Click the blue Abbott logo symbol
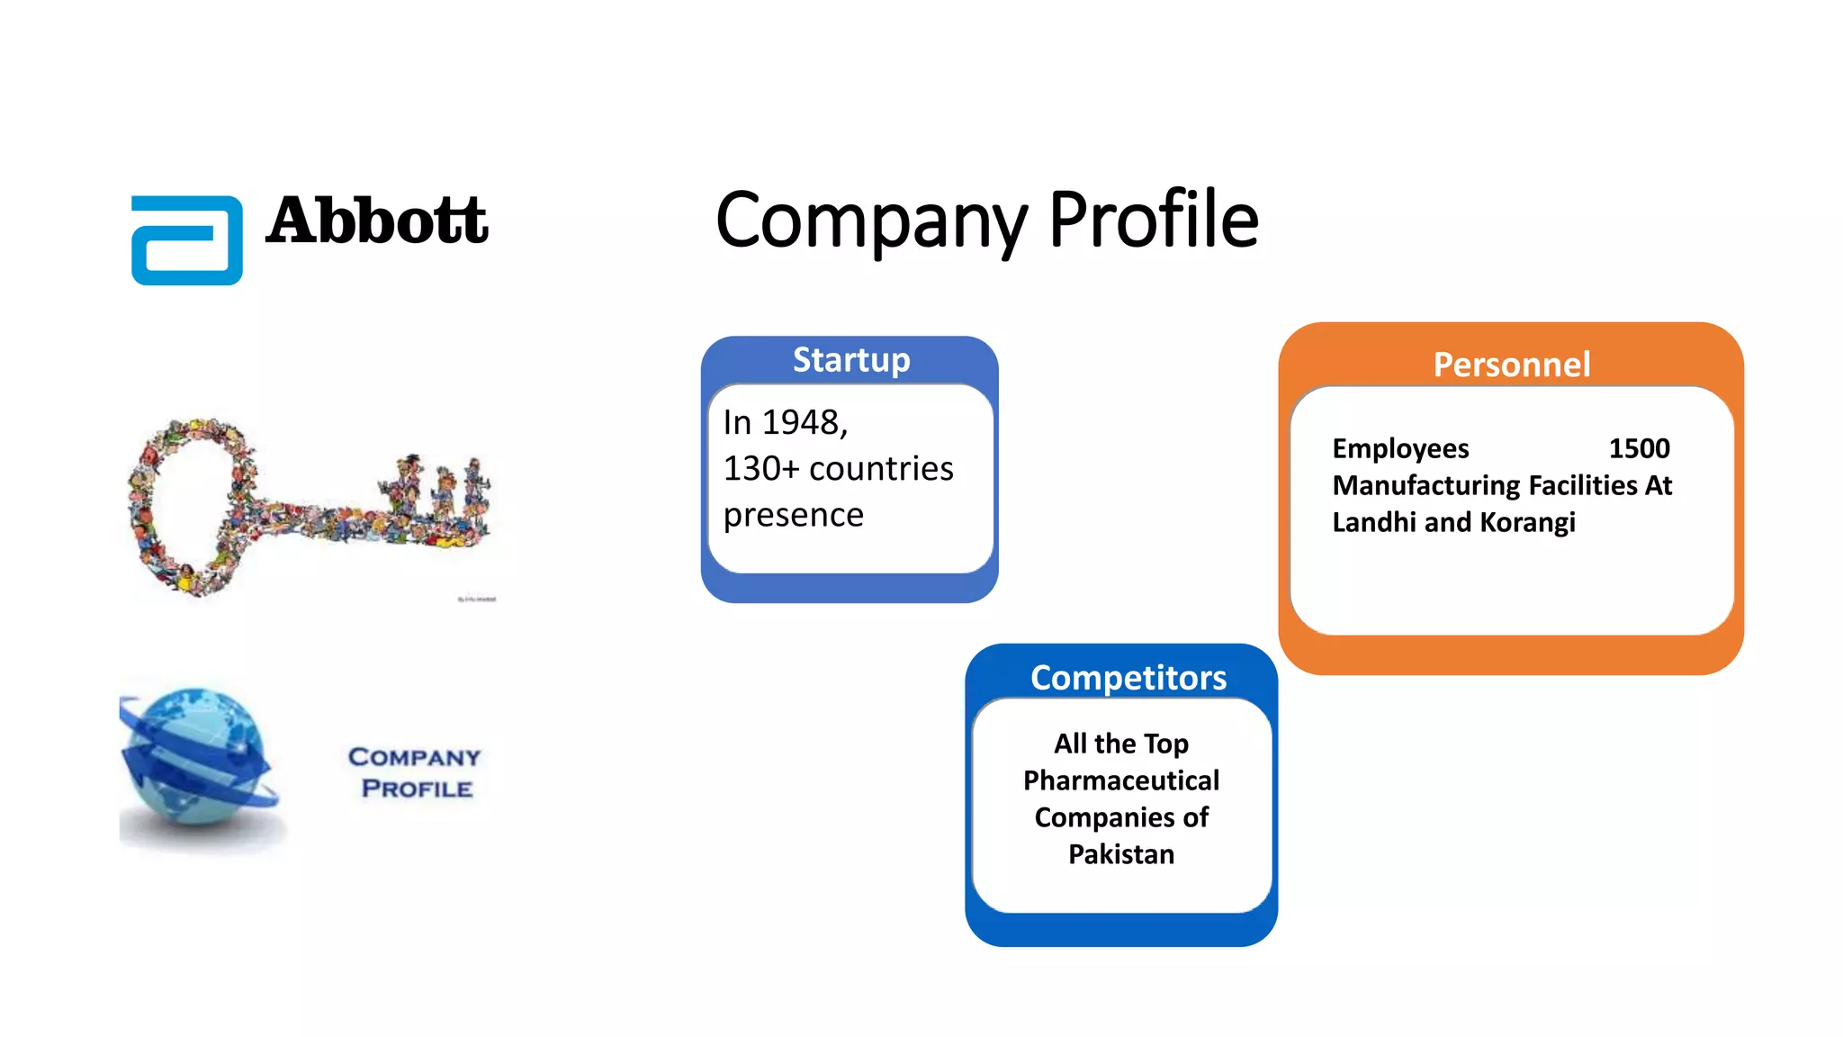187,240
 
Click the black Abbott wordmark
377,221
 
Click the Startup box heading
851,360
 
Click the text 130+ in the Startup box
761,469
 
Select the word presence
794,515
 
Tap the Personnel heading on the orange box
1512,365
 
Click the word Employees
1400,448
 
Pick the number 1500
1639,448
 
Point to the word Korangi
1528,522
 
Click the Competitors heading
1128,677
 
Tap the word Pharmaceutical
1121,780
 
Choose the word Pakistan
1121,854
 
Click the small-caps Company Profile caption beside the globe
415,772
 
